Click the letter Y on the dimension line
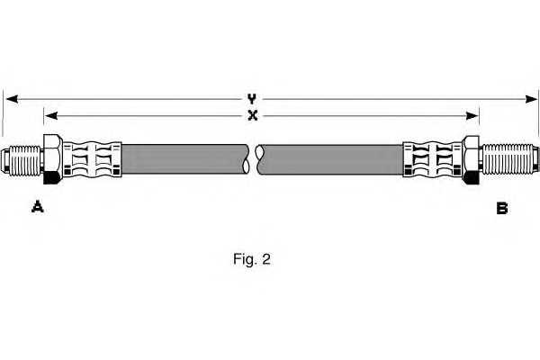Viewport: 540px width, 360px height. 252,99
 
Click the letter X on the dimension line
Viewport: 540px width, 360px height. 253,115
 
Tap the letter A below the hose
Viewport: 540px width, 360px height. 37,207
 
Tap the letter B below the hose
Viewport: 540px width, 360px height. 502,208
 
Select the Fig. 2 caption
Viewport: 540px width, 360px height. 252,259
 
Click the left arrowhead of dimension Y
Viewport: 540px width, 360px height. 12,99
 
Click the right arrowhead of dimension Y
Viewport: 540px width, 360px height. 532,99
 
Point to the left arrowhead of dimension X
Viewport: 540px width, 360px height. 51,116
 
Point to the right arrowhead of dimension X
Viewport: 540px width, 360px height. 472,116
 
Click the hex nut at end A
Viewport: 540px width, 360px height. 53,159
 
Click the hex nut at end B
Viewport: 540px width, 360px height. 471,160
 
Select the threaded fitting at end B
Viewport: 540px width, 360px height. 509,159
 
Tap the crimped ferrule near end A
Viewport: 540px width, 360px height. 92,159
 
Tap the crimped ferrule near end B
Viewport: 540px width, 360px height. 433,160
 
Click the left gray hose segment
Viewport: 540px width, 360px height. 185,158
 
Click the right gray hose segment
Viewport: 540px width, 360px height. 329,159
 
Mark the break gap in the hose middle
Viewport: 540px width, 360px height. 252,159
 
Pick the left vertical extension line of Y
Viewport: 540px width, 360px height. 3,113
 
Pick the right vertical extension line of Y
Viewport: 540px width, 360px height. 538,112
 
